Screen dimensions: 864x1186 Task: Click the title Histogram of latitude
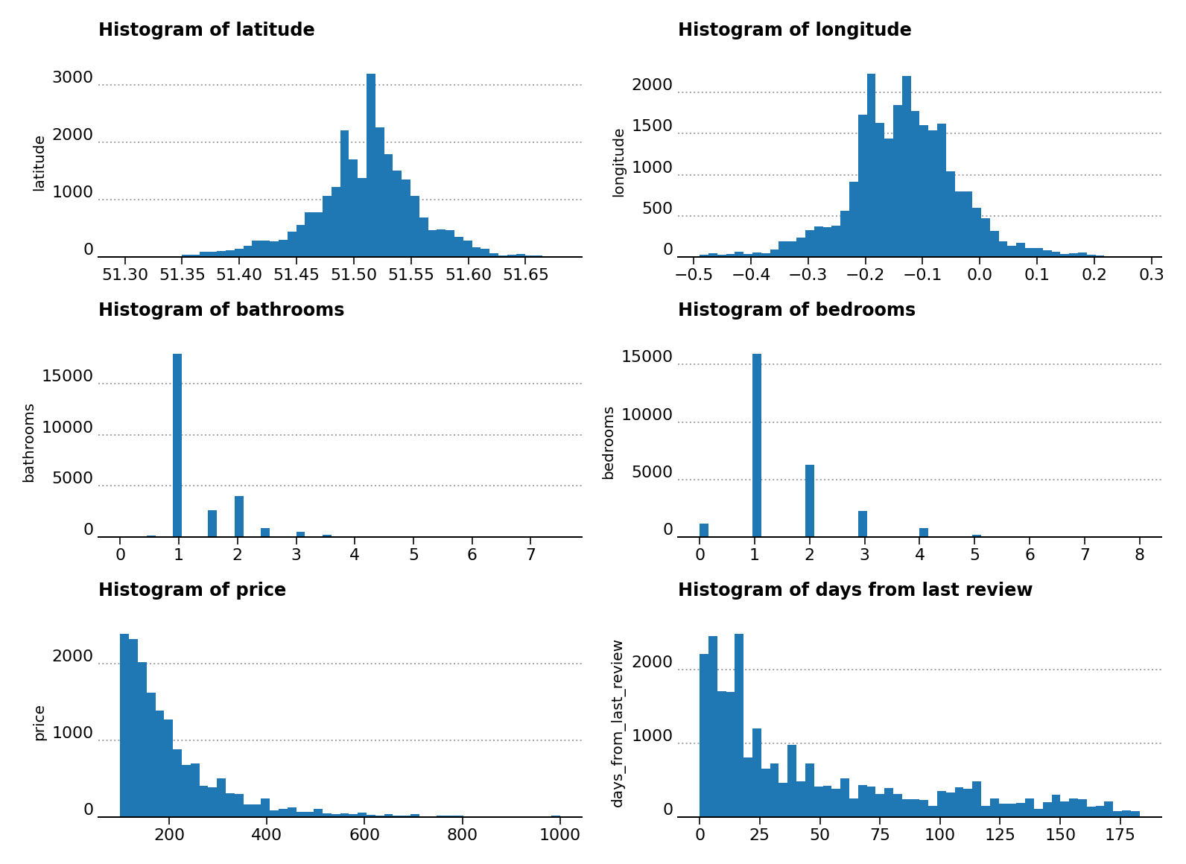point(206,31)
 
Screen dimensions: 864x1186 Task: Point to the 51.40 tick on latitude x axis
point(239,275)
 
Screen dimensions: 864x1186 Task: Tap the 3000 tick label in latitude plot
point(72,78)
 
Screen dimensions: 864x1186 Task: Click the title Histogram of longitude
point(794,31)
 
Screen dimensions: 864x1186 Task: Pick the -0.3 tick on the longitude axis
point(808,275)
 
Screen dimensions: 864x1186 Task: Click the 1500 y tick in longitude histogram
point(652,127)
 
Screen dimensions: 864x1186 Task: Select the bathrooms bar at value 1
point(177,447)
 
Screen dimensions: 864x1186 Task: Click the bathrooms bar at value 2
point(239,516)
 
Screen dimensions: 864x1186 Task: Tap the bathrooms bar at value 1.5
point(212,524)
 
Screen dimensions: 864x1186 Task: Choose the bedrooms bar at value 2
point(810,501)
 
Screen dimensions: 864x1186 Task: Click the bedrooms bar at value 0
point(704,530)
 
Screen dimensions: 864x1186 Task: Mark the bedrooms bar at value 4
point(924,532)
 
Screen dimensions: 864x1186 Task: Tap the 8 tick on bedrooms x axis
point(1139,555)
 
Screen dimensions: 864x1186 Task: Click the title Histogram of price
point(192,591)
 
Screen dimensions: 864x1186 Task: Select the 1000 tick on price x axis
point(560,835)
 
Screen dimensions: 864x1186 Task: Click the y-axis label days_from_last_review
point(618,722)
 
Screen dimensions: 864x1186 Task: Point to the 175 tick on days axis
point(1120,835)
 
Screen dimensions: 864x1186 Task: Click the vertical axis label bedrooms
point(609,442)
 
